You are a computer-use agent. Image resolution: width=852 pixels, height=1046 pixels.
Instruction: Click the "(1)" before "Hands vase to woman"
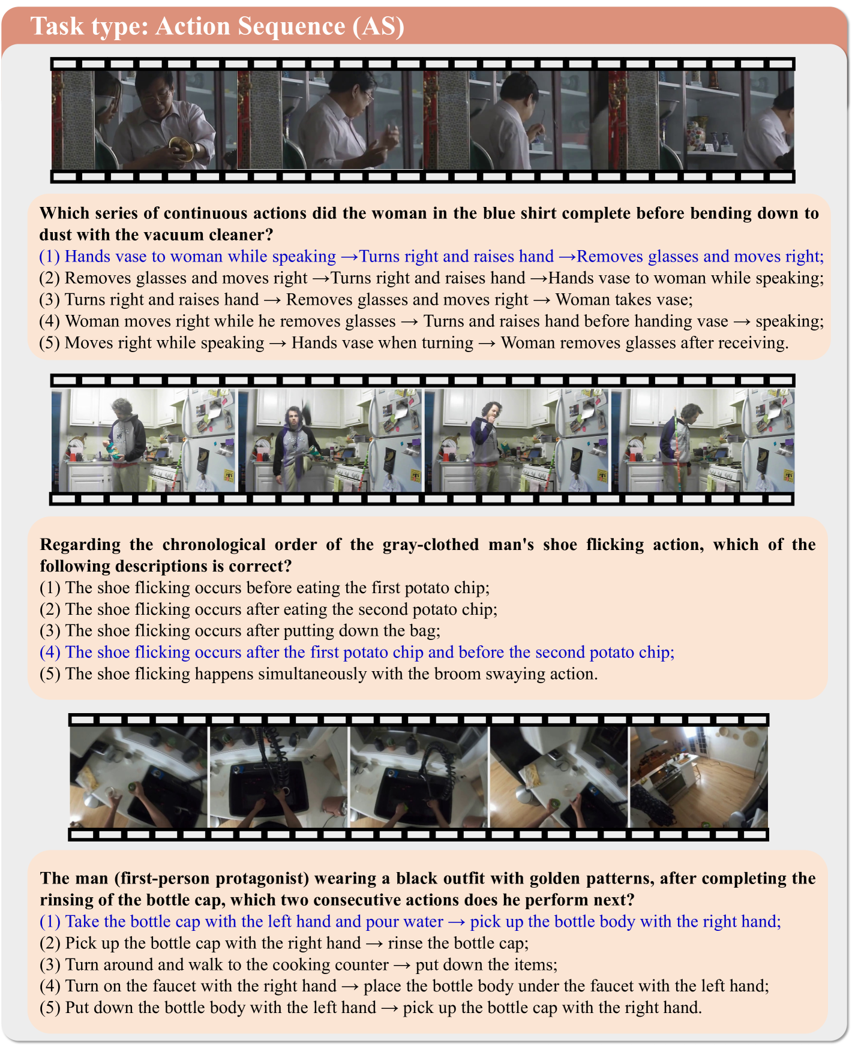(50, 256)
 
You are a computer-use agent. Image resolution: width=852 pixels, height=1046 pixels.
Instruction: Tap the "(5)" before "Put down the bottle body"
(50, 1008)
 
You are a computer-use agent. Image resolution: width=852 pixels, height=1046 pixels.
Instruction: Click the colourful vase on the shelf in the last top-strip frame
(696, 136)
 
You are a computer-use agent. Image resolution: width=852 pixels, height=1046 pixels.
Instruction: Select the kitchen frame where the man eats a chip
(517, 440)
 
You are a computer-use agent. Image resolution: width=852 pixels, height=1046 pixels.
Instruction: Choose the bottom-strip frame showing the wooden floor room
(698, 777)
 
